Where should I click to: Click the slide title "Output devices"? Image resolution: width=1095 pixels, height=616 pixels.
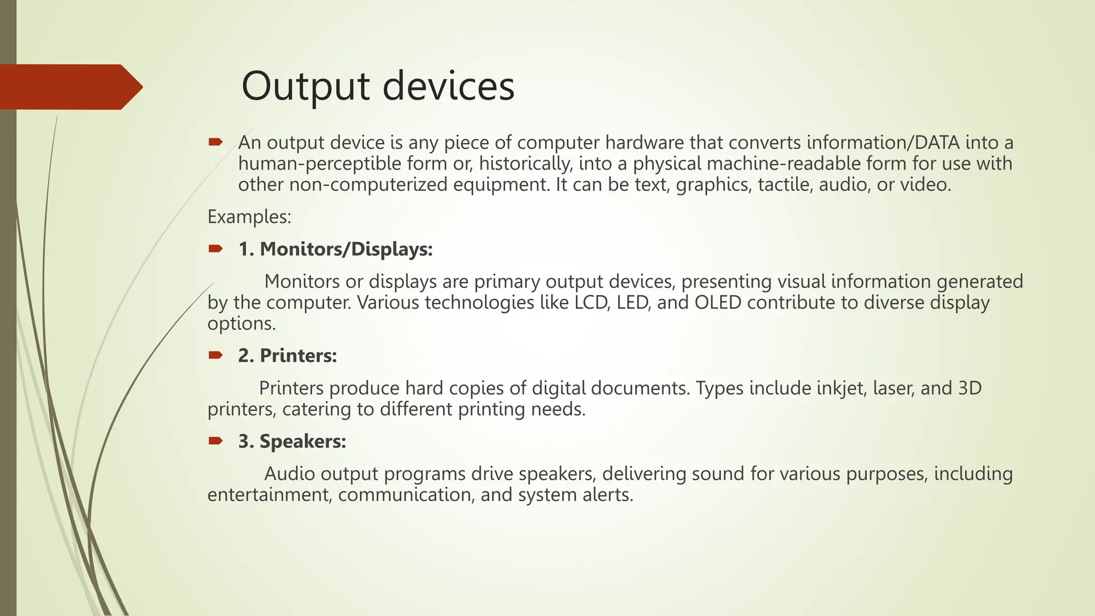[377, 86]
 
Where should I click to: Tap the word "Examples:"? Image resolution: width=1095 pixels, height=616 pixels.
[249, 217]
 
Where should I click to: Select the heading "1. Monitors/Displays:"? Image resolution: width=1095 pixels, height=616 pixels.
[335, 249]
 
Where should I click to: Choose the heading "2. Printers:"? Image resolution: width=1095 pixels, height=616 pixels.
[288, 356]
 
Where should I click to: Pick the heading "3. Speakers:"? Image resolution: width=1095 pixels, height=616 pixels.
[292, 441]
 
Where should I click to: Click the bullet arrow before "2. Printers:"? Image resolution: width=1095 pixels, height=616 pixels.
[215, 355]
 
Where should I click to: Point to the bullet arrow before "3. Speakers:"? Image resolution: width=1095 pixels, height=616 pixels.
[215, 441]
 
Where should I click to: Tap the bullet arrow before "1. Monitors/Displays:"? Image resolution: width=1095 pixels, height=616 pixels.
[215, 249]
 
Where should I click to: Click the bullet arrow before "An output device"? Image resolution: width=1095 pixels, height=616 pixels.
[215, 142]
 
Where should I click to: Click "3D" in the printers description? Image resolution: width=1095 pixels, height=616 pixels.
[969, 388]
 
